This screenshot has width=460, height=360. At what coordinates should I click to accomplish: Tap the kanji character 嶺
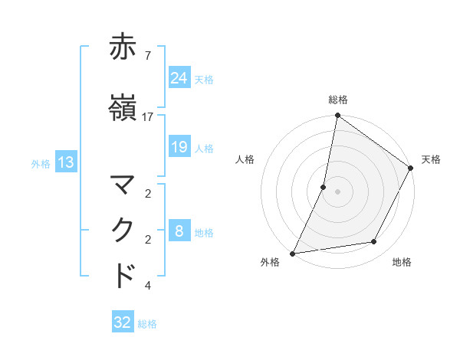pyautogui.click(x=124, y=108)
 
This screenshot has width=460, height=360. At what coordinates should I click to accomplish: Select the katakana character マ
pyautogui.click(x=124, y=185)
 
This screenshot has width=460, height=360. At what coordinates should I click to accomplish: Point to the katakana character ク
pyautogui.click(x=124, y=231)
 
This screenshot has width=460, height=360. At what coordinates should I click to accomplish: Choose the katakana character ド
pyautogui.click(x=124, y=276)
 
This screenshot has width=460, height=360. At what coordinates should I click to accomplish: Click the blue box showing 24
pyautogui.click(x=179, y=77)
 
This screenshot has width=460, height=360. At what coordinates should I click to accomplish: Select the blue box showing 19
pyautogui.click(x=179, y=147)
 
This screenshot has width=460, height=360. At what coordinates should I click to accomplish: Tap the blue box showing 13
pyautogui.click(x=65, y=162)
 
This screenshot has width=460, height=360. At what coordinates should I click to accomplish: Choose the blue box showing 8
pyautogui.click(x=179, y=231)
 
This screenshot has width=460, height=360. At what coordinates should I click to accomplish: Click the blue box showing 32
pyautogui.click(x=123, y=322)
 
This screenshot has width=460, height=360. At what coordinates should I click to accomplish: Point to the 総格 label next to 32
pyautogui.click(x=148, y=324)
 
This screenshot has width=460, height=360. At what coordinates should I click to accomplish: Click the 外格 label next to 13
pyautogui.click(x=41, y=163)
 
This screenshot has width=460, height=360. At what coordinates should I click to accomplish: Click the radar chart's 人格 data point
pyautogui.click(x=324, y=187)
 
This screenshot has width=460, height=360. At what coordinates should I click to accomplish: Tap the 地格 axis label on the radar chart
pyautogui.click(x=402, y=262)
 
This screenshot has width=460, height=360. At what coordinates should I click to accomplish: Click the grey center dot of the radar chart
pyautogui.click(x=337, y=191)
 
